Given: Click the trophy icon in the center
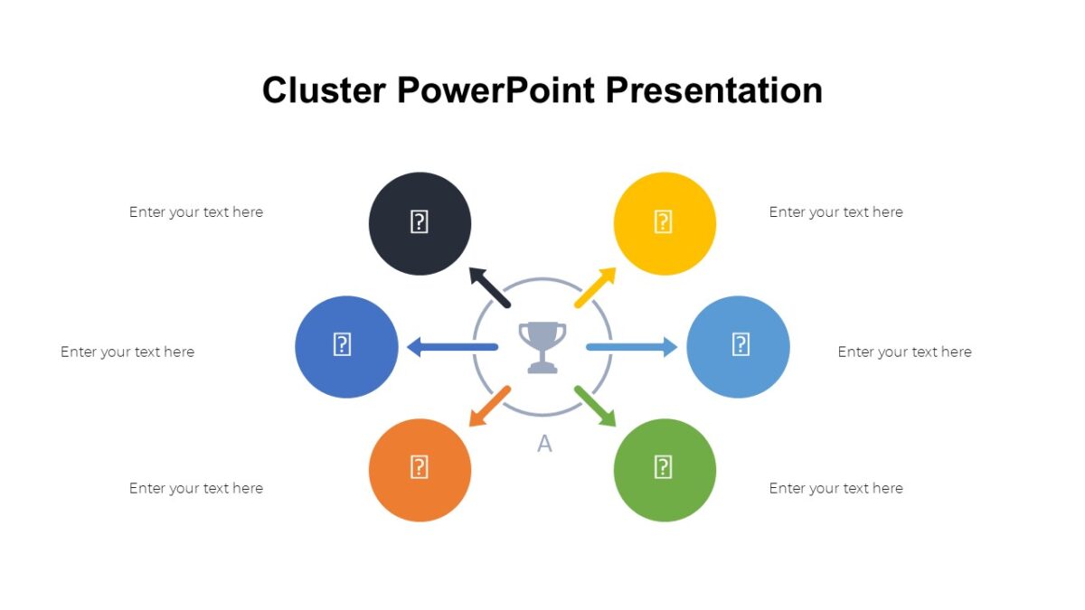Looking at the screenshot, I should click(x=542, y=347).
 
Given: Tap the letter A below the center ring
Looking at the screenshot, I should click(x=544, y=444).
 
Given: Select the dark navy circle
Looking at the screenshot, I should click(x=420, y=223).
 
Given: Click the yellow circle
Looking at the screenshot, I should click(x=665, y=223).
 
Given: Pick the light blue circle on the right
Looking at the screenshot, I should click(x=738, y=346).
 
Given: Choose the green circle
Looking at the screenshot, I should click(x=665, y=469).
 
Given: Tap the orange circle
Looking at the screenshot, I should click(x=420, y=469).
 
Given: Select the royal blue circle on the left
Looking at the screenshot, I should click(x=346, y=346).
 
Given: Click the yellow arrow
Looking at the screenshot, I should click(x=595, y=288).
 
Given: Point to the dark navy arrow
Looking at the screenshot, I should click(x=489, y=287).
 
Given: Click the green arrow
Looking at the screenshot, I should click(x=595, y=406).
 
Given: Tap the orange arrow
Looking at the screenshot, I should click(x=489, y=406).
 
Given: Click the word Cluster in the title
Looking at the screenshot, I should click(x=324, y=90).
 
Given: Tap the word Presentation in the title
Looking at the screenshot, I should click(x=713, y=90).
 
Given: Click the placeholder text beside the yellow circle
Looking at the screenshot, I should click(x=835, y=212).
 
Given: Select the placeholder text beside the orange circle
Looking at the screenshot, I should click(x=196, y=488).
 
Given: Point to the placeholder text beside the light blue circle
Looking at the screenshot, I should click(x=904, y=352).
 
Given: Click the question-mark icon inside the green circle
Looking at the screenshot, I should click(x=663, y=467).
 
